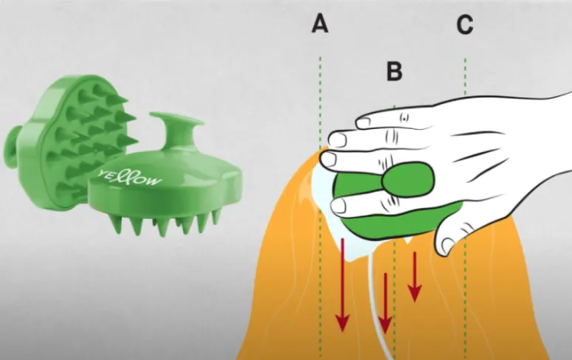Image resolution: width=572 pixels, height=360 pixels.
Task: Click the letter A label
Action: [x=320, y=24]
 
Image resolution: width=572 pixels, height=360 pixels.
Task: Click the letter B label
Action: [x=394, y=71]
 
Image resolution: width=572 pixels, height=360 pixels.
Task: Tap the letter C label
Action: [x=465, y=25]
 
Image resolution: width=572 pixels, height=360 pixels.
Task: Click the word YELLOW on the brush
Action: [x=129, y=177]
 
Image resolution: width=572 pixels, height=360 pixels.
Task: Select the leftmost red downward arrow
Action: [x=342, y=285]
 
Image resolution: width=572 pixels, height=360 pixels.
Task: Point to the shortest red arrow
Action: [x=414, y=277]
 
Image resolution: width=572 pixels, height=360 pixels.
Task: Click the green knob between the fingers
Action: [x=408, y=179]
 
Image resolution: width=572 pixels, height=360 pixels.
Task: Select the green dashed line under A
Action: [x=320, y=206]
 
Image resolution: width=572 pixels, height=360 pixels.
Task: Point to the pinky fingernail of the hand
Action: [x=363, y=122]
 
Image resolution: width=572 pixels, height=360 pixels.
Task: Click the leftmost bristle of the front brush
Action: [x=116, y=224]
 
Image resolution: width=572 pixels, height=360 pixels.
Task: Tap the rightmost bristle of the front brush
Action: [x=216, y=217]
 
